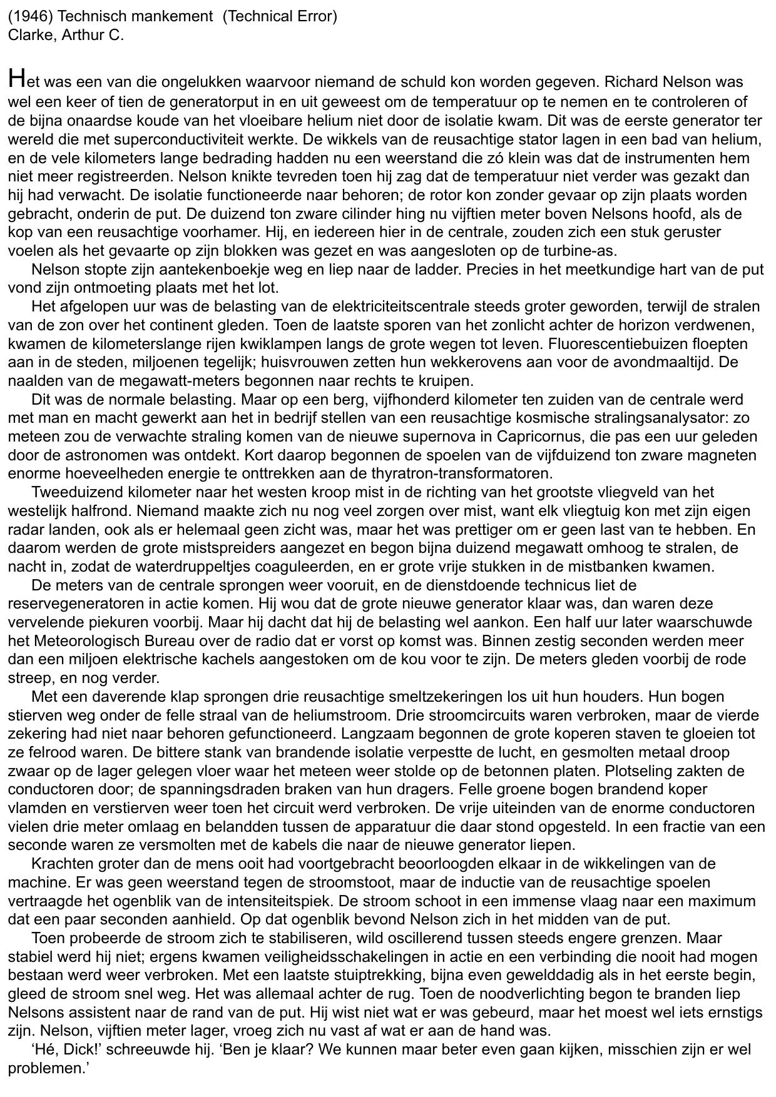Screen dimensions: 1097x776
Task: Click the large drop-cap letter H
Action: click(17, 79)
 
